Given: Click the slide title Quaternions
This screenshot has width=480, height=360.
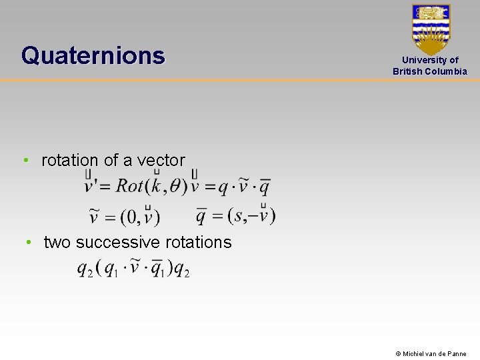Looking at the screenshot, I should pyautogui.click(x=93, y=55).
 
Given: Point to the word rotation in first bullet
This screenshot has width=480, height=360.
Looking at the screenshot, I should pyautogui.click(x=69, y=161).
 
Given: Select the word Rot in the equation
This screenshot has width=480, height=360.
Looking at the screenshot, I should pyautogui.click(x=129, y=185).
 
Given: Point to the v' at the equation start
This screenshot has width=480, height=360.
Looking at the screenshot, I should pyautogui.click(x=91, y=185).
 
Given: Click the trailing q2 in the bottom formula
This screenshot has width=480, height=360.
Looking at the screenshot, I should pyautogui.click(x=181, y=269).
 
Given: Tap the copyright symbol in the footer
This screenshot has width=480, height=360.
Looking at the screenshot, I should pyautogui.click(x=398, y=354).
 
